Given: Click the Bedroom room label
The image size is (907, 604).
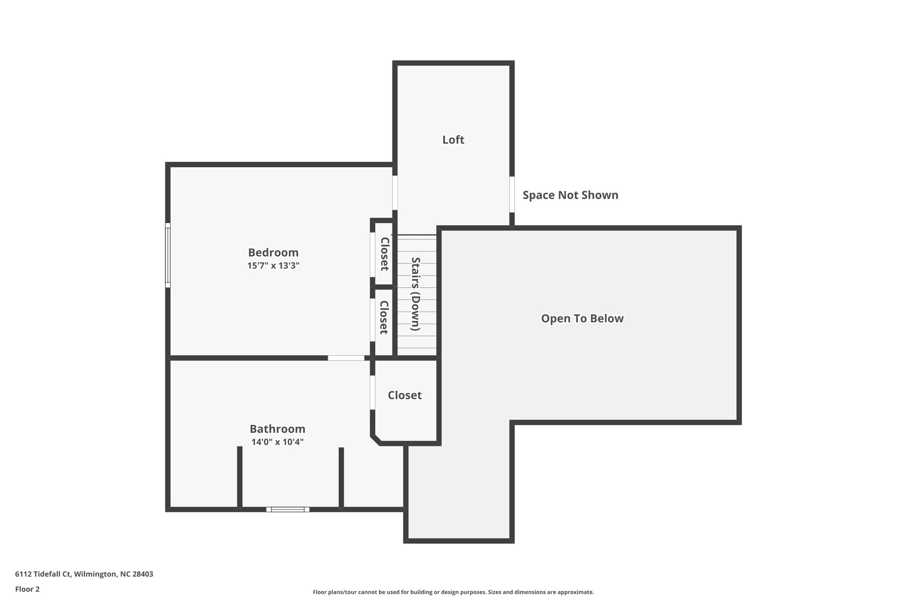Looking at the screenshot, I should tap(273, 253).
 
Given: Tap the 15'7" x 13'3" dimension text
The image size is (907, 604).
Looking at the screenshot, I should tap(273, 265).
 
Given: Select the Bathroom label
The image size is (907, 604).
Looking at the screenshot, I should tap(277, 429).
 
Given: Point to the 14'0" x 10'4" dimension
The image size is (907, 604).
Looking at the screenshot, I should tap(277, 442).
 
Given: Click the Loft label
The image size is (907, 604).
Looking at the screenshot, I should tap(453, 140).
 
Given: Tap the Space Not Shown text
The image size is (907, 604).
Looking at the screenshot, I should tap(570, 195).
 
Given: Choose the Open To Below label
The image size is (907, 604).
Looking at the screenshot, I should tap(582, 319).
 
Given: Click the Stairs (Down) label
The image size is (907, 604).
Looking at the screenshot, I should tap(415, 294).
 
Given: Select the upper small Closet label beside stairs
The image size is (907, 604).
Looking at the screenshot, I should tap(384, 254).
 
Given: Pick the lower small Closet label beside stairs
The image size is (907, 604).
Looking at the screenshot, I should tap(384, 317).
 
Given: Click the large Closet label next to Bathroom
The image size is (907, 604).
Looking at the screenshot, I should tap(404, 395).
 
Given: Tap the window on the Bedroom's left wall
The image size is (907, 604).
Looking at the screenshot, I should tap(168, 255).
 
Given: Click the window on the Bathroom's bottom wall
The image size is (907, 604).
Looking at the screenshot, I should tap(288, 509).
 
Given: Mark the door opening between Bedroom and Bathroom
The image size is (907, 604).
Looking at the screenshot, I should tap(346, 358).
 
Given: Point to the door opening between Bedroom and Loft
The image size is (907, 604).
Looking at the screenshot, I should tap(395, 193).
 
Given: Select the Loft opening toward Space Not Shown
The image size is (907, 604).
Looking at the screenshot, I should tap(512, 195).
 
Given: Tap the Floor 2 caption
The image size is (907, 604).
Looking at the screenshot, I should tap(27, 589).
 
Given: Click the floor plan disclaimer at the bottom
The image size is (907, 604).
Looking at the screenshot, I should tap(453, 592).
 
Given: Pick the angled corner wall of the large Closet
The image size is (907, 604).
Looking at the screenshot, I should tap(376, 439).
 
